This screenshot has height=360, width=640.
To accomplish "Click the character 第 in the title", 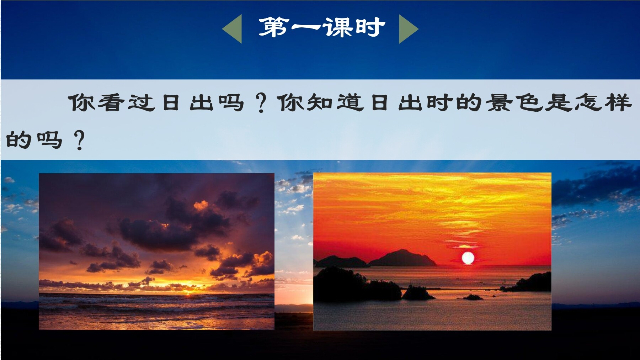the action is pyautogui.click(x=273, y=27).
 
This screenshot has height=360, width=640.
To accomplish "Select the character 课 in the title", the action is pyautogui.click(x=338, y=27).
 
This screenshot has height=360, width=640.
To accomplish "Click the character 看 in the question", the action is pyautogui.click(x=111, y=102).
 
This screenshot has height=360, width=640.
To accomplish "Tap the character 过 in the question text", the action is pyautogui.click(x=141, y=102).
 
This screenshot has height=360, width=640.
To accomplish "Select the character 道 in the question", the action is pyautogui.click(x=350, y=102).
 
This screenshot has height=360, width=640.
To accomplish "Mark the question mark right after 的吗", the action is pyautogui.click(x=79, y=140).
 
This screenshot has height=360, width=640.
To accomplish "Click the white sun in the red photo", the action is pyautogui.click(x=468, y=258).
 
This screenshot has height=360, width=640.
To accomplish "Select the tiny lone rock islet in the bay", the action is pyautogui.click(x=473, y=297).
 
